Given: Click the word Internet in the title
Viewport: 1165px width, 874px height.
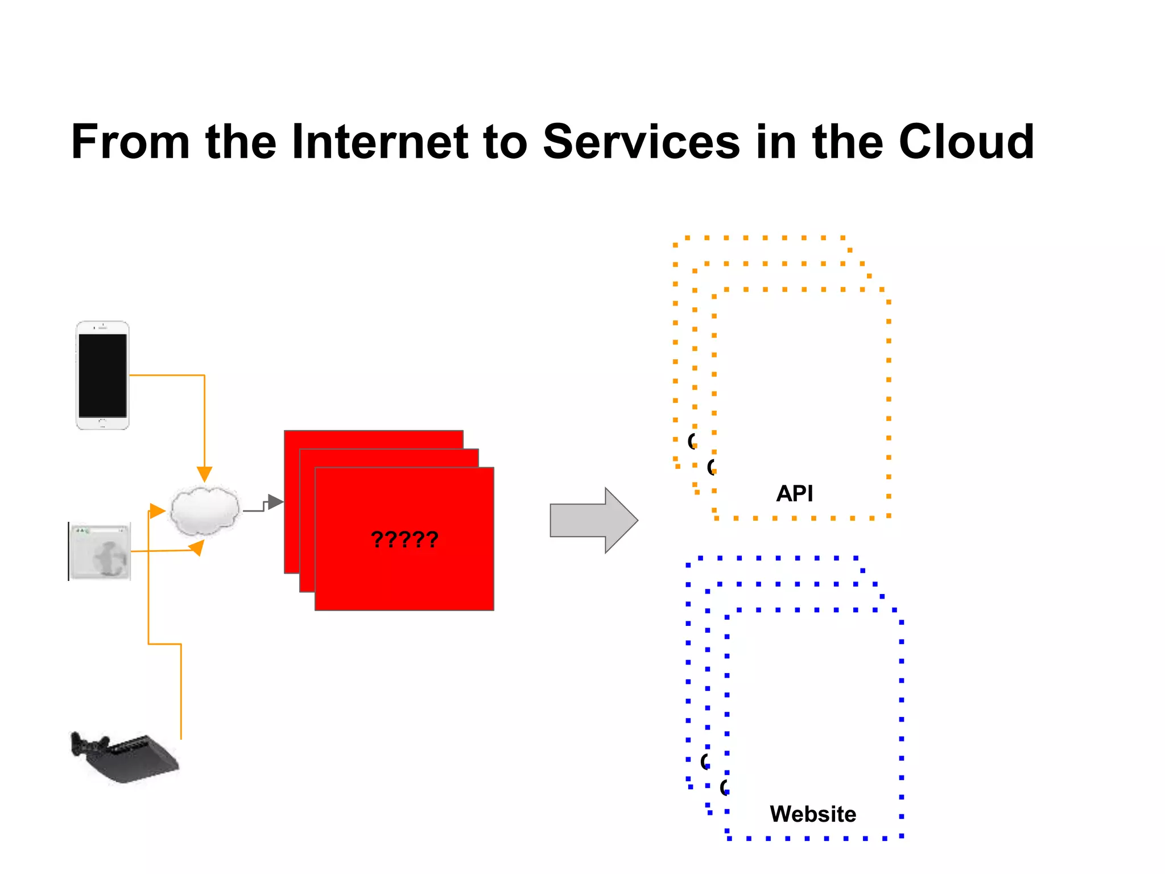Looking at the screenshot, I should click(379, 142).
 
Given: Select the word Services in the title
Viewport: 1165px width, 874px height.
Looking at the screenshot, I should click(641, 142).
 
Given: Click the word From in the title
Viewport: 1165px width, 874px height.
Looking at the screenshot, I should click(130, 142).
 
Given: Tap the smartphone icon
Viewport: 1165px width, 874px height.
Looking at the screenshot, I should click(102, 375).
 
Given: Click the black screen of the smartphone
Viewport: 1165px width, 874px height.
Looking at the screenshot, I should click(102, 376).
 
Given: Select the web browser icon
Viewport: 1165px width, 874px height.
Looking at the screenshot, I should click(100, 551).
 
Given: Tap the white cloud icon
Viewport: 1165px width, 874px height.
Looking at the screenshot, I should click(205, 510).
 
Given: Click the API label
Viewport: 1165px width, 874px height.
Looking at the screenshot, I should click(794, 493).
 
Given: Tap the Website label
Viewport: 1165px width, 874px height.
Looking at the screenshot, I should click(812, 814).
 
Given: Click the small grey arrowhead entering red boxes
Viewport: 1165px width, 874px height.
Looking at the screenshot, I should click(275, 502).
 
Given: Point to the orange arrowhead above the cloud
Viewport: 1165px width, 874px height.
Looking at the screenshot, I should click(204, 474).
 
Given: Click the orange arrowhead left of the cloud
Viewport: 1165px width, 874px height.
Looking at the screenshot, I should click(156, 510).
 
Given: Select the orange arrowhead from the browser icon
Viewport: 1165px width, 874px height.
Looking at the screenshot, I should click(197, 547).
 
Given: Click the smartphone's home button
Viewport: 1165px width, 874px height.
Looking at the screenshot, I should click(102, 423).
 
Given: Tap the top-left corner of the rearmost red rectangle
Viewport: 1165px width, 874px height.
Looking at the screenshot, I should click(286, 432).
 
